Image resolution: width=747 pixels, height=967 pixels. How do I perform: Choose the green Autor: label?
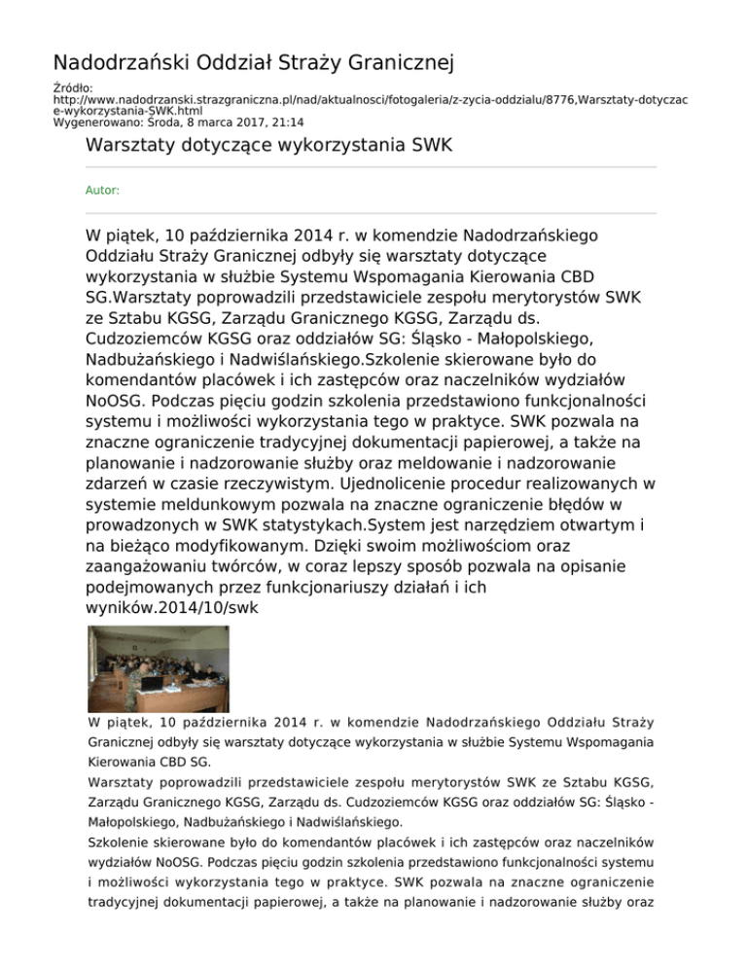click(102, 191)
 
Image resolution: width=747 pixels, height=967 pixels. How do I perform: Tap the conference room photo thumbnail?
click(146, 669)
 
